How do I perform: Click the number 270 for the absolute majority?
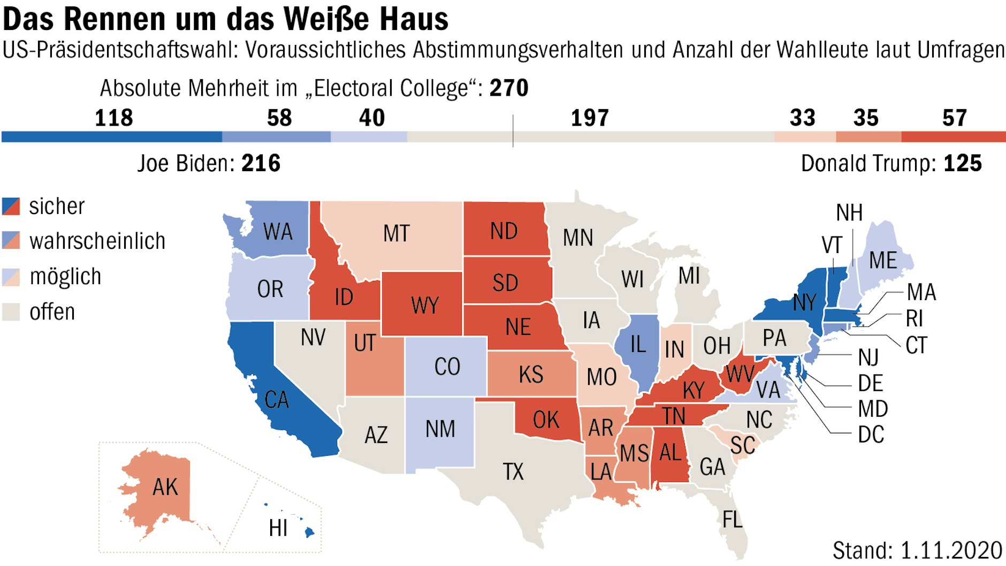click(508, 88)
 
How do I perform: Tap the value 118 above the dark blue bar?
click(113, 118)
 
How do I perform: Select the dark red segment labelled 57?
click(953, 137)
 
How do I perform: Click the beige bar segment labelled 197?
click(590, 137)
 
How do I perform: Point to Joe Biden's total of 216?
click(261, 163)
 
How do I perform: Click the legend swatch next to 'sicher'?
click(11, 206)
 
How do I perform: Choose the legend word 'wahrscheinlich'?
click(97, 241)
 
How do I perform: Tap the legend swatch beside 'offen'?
click(11, 311)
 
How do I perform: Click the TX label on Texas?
click(513, 471)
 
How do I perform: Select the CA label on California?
click(277, 399)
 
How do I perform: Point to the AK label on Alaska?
click(165, 487)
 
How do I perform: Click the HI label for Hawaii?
click(278, 528)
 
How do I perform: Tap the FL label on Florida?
click(732, 519)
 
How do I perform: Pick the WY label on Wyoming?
click(425, 305)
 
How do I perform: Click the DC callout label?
click(871, 434)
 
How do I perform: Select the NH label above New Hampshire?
click(849, 213)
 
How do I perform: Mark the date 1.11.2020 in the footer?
click(951, 550)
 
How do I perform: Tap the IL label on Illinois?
click(637, 344)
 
